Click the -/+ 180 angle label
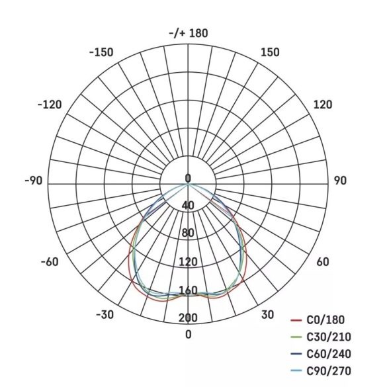tap(189, 33)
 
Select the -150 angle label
tap(101, 53)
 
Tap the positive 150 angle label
tap(270, 53)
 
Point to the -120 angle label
tap(50, 105)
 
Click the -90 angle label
tap(33, 181)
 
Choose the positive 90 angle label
tap(341, 181)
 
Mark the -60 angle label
tap(50, 262)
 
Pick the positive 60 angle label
tap(323, 262)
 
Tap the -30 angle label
tap(105, 314)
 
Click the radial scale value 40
tap(188, 205)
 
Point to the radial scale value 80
tap(188, 233)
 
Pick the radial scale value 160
tap(188, 290)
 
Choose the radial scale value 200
tap(188, 318)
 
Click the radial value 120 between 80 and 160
tap(188, 262)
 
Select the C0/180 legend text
tap(326, 320)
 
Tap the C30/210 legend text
tap(329, 337)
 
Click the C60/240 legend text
tap(329, 354)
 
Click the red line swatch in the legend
tap(296, 321)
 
